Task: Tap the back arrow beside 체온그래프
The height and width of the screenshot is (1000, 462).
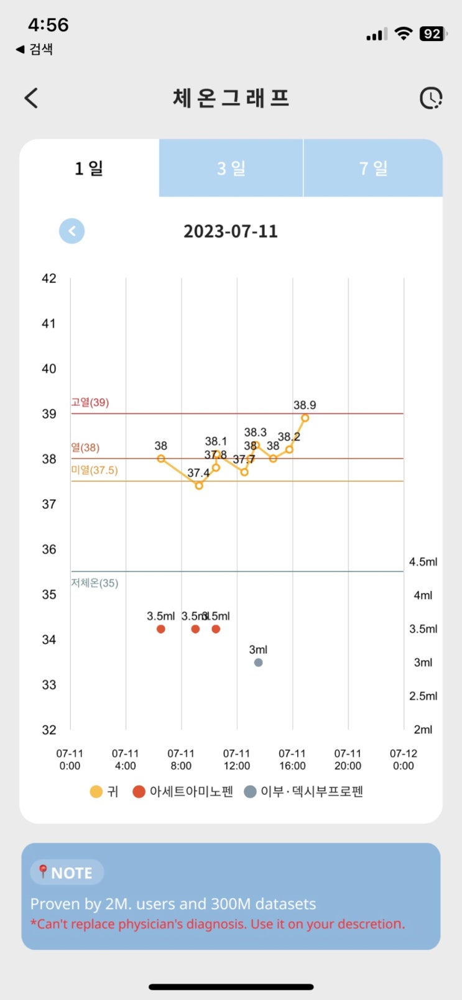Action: pos(31,98)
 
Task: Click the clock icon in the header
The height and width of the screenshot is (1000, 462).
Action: pos(430,98)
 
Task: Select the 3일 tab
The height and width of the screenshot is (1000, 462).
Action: pos(231,168)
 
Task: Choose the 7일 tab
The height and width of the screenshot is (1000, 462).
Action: pos(373,168)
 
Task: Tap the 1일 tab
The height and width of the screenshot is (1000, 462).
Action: pos(89,168)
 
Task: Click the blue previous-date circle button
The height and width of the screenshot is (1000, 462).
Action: pos(72,231)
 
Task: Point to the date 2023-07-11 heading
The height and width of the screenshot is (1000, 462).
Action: pos(231,231)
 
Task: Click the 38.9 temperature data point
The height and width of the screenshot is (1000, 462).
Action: pos(305,418)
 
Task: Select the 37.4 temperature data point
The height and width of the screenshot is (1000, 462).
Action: pos(199,485)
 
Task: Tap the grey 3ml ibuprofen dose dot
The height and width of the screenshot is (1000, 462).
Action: pos(258,663)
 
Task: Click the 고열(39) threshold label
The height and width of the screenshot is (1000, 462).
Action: pos(90,403)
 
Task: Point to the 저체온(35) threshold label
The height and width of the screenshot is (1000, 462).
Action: pos(95,583)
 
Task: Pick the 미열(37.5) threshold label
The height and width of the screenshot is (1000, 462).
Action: pos(95,470)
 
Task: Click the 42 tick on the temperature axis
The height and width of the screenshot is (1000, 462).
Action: pos(49,278)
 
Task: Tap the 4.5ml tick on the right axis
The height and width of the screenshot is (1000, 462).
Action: pos(423,562)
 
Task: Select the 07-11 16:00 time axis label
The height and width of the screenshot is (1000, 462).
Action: pos(292,759)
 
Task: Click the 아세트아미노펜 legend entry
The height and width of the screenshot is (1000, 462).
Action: pos(183,792)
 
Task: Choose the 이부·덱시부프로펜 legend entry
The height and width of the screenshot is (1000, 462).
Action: pos(304,792)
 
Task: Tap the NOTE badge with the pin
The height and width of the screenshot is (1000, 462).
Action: pos(67,873)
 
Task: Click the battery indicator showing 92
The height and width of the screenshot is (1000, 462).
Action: pos(433,34)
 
